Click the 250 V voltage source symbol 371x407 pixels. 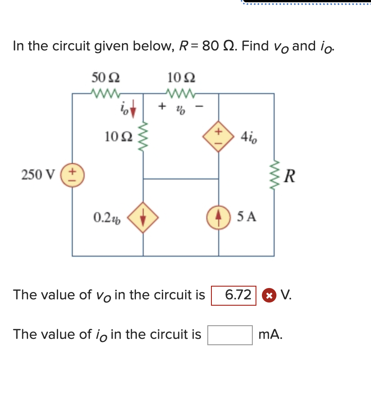tap(72, 174)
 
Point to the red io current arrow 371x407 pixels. tap(133, 110)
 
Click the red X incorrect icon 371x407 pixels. tap(270, 295)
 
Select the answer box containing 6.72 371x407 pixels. tap(234, 295)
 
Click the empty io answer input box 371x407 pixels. tap(230, 335)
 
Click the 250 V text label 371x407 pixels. tap(38, 174)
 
